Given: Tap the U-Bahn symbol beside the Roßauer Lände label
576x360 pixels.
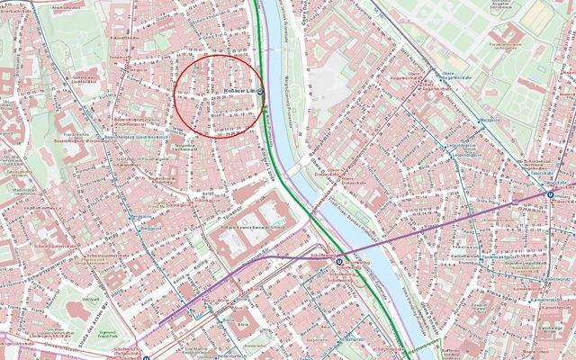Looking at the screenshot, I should coord(259,92).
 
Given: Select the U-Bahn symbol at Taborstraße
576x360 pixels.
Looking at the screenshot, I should coord(551,193).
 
